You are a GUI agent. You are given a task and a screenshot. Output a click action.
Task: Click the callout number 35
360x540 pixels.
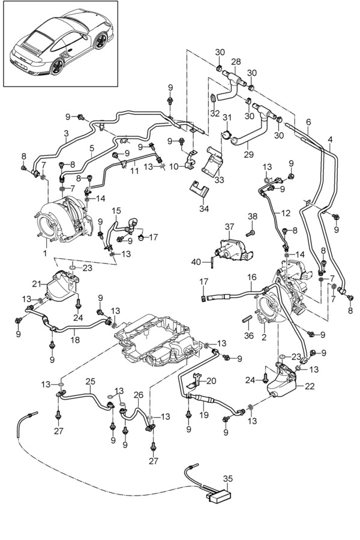pos(227,479)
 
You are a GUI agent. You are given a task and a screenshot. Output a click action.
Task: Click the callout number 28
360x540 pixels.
pos(236,62)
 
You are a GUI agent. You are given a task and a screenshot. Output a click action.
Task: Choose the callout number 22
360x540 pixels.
pos(310,386)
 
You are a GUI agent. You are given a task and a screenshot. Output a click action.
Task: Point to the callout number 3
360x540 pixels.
pos(65,133)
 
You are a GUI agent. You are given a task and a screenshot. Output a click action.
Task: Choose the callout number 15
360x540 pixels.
pos(116,211)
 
